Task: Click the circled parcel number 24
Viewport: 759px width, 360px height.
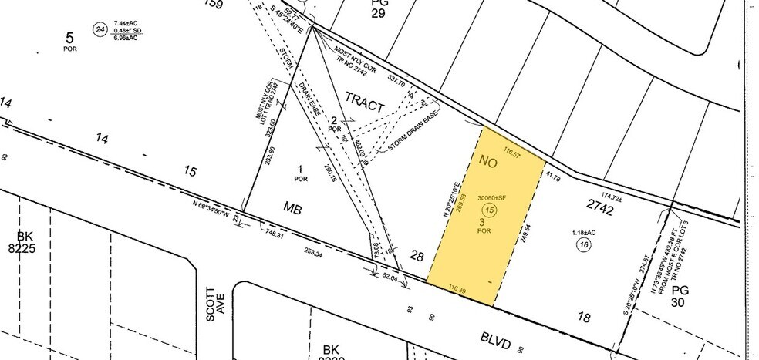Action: click(99, 30)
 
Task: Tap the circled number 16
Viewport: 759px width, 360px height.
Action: click(584, 244)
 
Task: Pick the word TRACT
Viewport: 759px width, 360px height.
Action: click(365, 102)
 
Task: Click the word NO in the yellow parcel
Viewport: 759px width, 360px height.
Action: click(487, 162)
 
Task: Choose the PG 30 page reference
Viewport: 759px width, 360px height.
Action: click(680, 297)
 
